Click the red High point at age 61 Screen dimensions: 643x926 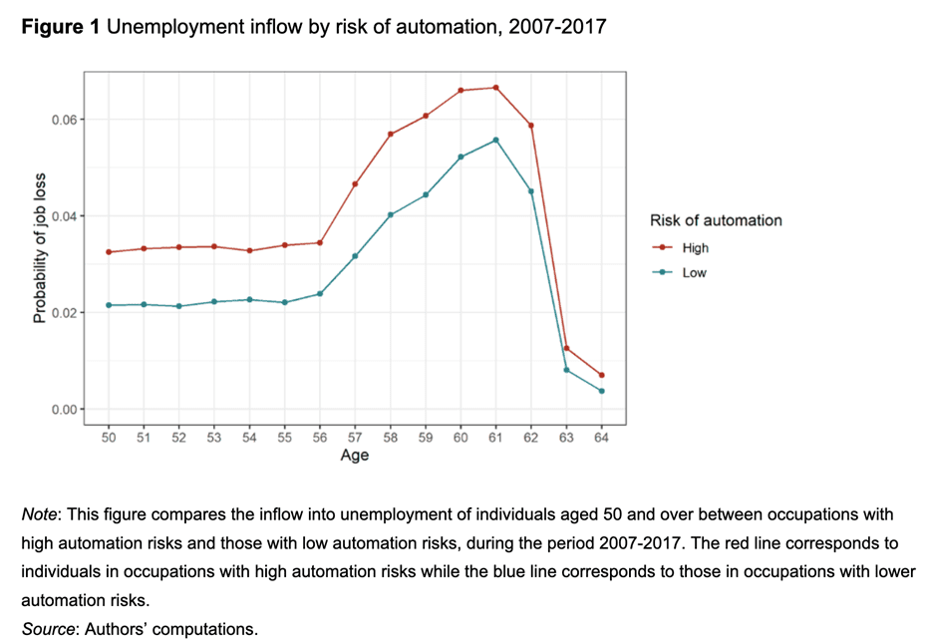(x=495, y=88)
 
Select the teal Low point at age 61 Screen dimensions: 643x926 (x=495, y=141)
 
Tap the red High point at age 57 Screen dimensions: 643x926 (x=355, y=184)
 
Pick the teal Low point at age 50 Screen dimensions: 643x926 (x=109, y=305)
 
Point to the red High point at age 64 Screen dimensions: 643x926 (x=601, y=375)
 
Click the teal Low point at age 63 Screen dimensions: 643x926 (x=566, y=370)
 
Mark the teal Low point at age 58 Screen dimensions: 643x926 (x=391, y=214)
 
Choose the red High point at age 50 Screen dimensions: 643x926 (x=109, y=252)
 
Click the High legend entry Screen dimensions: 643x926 (x=695, y=248)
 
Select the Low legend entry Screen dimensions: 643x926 (x=694, y=272)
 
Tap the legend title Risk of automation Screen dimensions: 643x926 (x=715, y=220)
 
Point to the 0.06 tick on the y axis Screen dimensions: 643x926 (x=61, y=120)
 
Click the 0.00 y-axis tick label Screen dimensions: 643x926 (x=61, y=409)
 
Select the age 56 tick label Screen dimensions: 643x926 (x=320, y=438)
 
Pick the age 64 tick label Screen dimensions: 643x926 (x=601, y=438)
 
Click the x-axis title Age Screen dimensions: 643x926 (x=355, y=456)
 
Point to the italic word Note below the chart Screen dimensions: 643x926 (x=40, y=514)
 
